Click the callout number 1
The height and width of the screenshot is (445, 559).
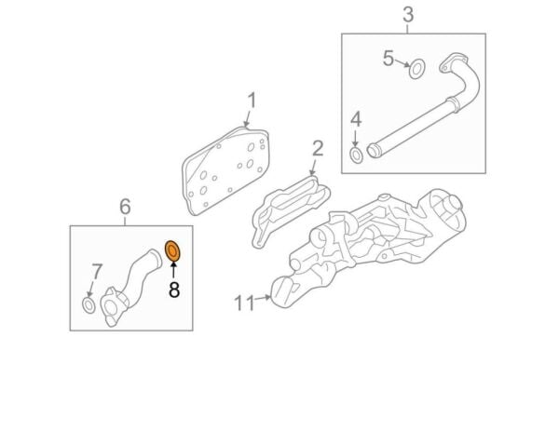click(252, 101)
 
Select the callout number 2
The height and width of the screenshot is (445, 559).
click(318, 149)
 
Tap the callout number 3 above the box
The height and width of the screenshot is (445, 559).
click(408, 15)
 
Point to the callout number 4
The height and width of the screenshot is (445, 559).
click(356, 119)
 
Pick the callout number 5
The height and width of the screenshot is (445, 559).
click(389, 58)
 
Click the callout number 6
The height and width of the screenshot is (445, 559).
click(125, 207)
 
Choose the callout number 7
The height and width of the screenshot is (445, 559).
click(97, 272)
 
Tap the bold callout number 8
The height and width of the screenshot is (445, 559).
click(174, 290)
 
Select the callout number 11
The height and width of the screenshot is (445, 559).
click(244, 303)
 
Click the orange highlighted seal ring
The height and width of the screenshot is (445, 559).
click(172, 251)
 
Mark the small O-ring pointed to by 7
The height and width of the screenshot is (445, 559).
click(89, 305)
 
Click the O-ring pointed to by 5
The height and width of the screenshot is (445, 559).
click(416, 69)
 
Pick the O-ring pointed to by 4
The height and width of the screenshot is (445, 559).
click(356, 155)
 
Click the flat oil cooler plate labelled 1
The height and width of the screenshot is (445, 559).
click(225, 171)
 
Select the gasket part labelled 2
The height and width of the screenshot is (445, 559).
click(291, 211)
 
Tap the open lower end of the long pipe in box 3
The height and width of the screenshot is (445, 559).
click(373, 150)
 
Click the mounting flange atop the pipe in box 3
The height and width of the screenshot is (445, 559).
click(454, 64)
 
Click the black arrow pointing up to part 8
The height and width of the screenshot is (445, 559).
click(173, 270)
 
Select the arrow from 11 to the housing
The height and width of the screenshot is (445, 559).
click(263, 298)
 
